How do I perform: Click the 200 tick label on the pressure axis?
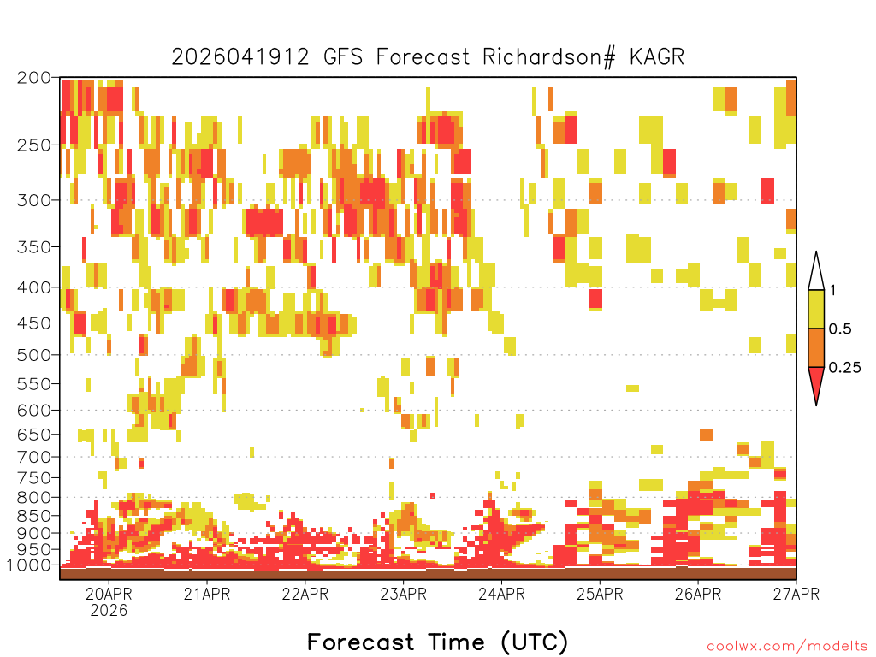(x=33, y=78)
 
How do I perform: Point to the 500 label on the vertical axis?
(x=33, y=355)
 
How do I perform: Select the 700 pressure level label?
(x=33, y=457)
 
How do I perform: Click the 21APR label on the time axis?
(x=207, y=594)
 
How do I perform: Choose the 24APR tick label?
(x=501, y=594)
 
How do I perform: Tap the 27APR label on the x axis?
(x=796, y=594)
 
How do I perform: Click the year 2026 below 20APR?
(x=109, y=610)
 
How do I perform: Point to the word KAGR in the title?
(x=656, y=57)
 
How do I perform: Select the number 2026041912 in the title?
(x=240, y=57)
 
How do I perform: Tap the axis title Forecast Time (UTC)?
(x=437, y=642)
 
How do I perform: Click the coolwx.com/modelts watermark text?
(x=787, y=647)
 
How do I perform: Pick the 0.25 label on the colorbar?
(x=844, y=367)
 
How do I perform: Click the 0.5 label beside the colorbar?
(x=840, y=328)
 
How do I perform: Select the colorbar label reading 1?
(x=833, y=290)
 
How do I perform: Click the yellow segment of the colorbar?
(x=816, y=309)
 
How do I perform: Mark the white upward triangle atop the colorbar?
(x=816, y=275)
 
